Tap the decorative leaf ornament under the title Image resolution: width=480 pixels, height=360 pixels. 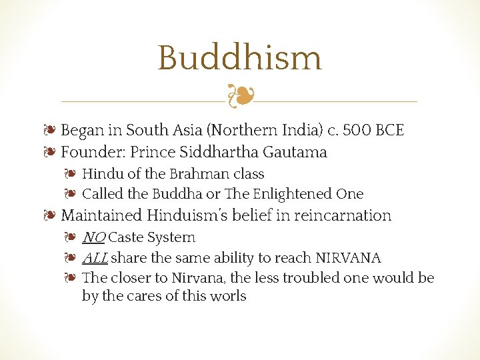coord(239,96)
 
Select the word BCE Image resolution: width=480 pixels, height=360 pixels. coord(390,130)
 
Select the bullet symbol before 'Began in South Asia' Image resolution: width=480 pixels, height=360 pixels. coord(51,130)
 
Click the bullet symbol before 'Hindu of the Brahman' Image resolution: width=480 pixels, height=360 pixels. coord(71,174)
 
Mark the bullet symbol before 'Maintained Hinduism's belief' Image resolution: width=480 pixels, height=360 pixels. coord(51,215)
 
